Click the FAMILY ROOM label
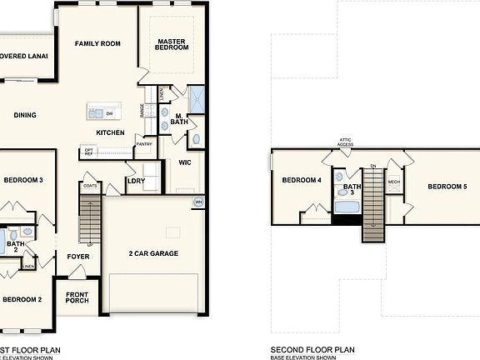coord(98,43)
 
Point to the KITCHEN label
coord(110,132)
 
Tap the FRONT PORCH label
coord(77,297)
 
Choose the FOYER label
coord(78,257)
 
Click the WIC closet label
coord(185,162)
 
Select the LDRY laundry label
coord(135,180)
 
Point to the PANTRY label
coord(144,144)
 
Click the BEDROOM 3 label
coord(23,180)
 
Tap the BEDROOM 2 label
coord(22,299)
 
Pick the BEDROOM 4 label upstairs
coord(301,181)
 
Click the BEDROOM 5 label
coord(447,187)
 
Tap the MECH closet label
coord(393,181)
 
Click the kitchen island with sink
coord(102,112)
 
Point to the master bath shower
coord(196,97)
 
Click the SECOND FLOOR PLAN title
coord(312,350)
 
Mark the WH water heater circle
coord(198,202)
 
